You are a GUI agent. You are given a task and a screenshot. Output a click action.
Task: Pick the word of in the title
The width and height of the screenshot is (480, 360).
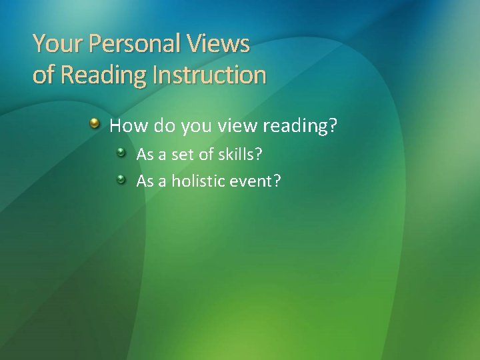(43, 75)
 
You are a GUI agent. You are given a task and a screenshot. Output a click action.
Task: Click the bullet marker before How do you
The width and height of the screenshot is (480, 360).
(97, 123)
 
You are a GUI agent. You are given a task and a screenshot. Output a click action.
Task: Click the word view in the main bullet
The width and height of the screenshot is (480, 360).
(229, 125)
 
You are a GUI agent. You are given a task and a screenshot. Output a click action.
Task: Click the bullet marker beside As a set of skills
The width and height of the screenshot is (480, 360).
(121, 154)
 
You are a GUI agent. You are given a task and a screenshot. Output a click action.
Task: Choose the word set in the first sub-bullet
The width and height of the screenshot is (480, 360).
(181, 155)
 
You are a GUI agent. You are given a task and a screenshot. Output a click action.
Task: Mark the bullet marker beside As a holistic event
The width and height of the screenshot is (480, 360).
(121, 179)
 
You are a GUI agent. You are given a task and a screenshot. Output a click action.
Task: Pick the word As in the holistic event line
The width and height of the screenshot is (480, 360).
(145, 180)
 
